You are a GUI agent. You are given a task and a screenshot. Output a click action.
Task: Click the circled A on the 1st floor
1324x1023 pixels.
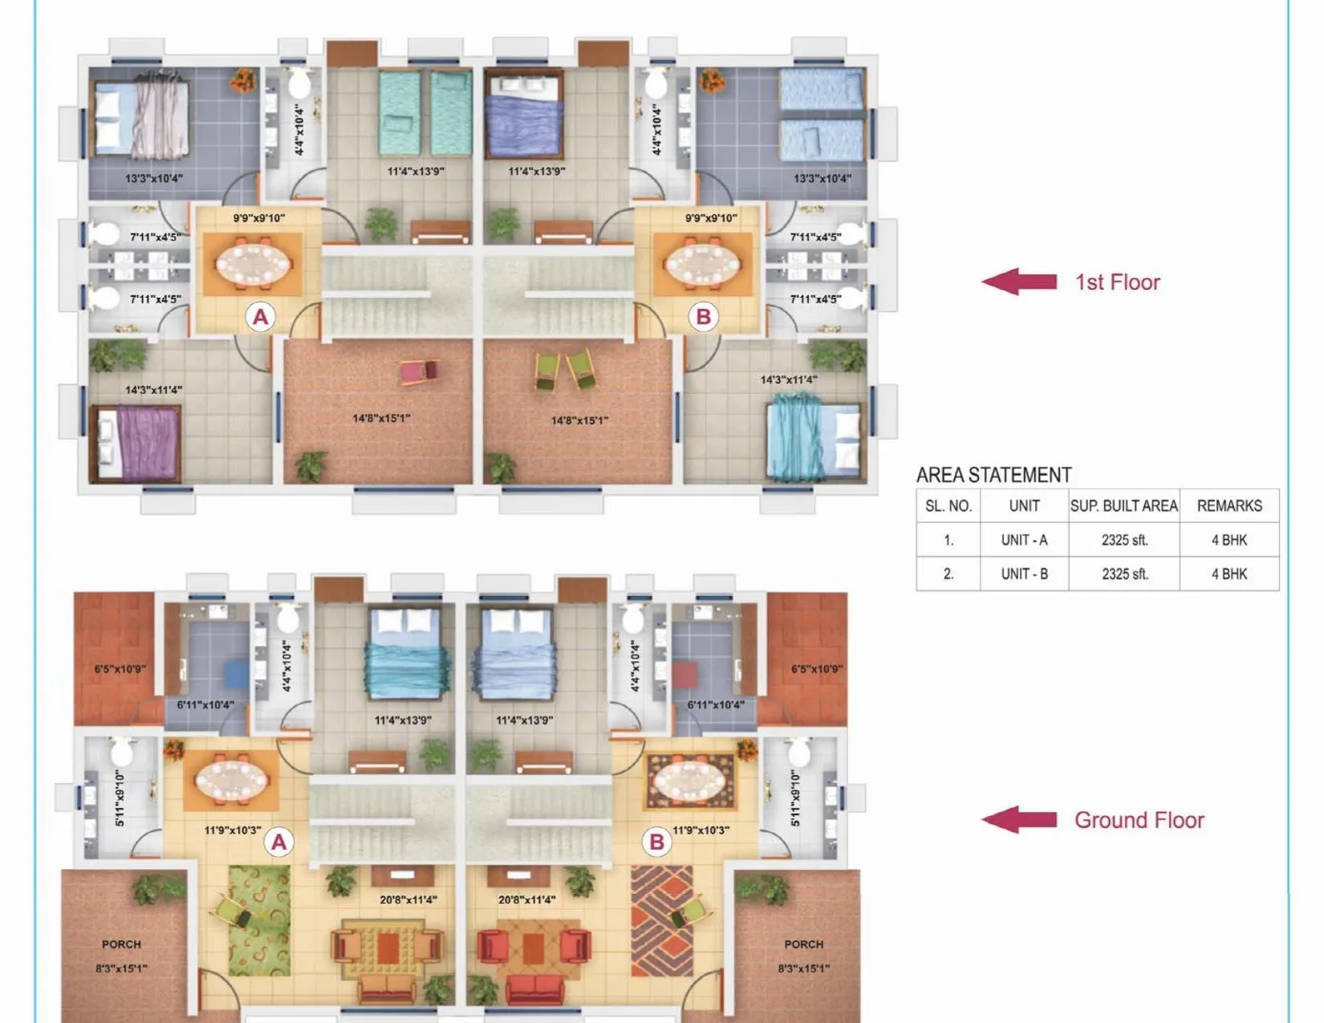[260, 317]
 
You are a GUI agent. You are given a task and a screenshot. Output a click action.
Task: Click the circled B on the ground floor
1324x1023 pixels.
[656, 842]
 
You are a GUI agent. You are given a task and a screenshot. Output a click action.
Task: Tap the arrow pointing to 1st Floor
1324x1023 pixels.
[1019, 282]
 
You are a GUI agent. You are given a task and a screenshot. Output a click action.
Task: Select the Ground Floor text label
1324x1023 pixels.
[1139, 820]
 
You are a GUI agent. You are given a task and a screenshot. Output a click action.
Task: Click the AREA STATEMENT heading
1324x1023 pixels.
[993, 475]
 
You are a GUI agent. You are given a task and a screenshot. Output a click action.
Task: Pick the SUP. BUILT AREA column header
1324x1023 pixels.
[1123, 506]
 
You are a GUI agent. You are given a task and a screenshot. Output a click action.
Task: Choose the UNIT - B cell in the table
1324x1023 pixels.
[1024, 574]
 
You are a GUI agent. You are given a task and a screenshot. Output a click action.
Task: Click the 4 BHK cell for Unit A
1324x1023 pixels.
[1229, 540]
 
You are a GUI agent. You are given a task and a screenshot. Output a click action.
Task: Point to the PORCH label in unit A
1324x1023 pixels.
[121, 944]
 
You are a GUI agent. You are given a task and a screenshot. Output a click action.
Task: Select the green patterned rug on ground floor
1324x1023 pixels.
[258, 920]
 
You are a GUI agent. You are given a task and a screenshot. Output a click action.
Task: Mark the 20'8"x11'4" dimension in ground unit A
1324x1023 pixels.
[408, 899]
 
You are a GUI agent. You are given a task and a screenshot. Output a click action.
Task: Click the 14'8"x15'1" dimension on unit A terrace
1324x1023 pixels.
[381, 418]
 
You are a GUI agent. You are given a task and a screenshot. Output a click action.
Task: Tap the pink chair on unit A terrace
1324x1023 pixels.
[419, 371]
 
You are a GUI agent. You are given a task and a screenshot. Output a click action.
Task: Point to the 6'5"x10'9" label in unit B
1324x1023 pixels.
[816, 668]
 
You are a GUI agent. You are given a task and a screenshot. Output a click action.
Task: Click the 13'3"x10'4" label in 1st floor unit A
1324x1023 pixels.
[153, 178]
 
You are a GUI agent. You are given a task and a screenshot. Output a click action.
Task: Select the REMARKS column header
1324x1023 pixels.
[1229, 506]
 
